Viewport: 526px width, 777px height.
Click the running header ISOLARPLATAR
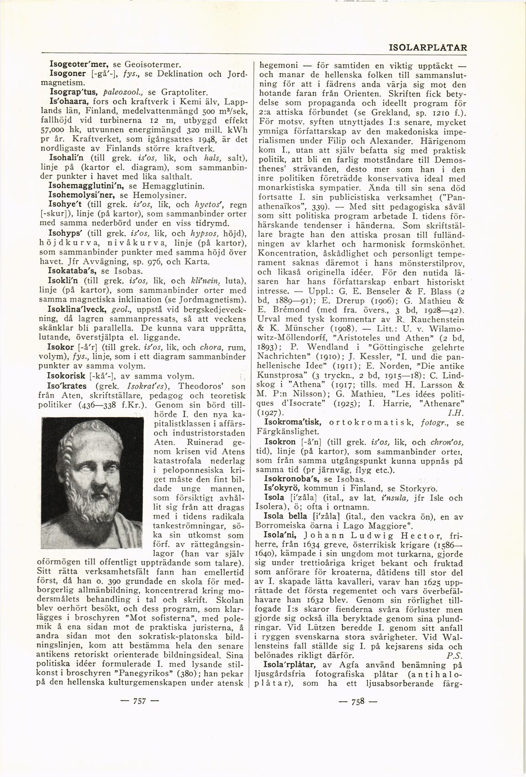(427, 47)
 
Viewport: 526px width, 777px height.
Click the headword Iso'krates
(69, 386)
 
